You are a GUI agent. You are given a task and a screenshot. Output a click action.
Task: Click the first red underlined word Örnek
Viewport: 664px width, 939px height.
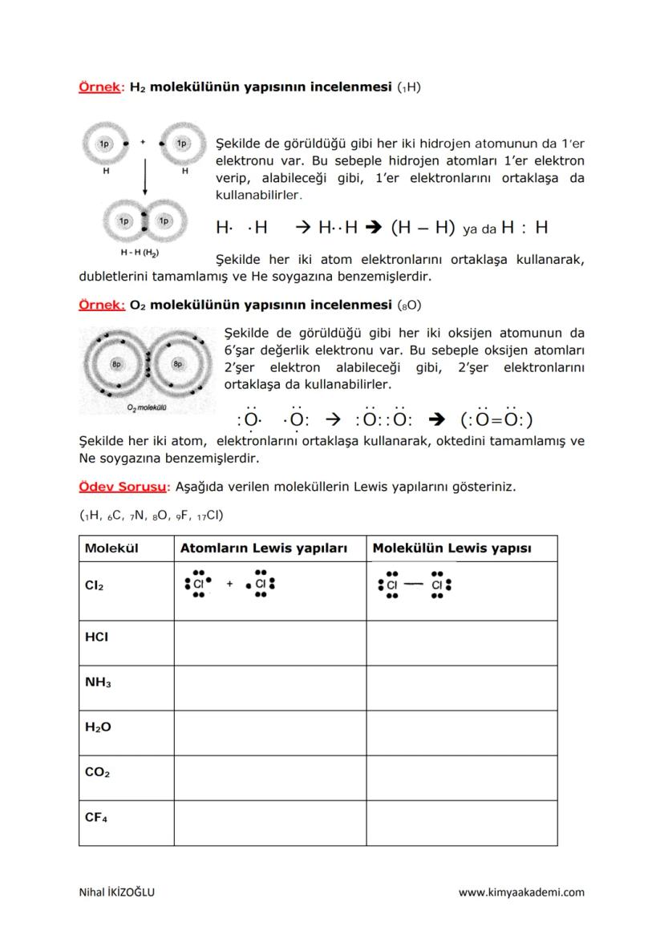98,86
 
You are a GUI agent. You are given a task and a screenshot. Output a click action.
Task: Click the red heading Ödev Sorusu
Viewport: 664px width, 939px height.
119,486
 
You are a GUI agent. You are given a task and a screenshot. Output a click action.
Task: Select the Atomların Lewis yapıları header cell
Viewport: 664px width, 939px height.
263,548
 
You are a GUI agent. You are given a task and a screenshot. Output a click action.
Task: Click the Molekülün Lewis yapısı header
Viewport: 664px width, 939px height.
452,548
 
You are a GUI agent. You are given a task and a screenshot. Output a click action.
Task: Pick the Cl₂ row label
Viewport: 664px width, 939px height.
94,585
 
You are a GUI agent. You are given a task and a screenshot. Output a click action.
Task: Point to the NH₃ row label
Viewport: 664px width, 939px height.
97,682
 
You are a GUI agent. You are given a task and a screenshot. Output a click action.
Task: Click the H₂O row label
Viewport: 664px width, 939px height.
97,727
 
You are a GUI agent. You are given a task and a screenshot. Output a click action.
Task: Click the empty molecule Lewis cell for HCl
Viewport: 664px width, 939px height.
461,644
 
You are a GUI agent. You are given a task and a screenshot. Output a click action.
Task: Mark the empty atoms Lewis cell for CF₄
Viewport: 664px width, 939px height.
269,823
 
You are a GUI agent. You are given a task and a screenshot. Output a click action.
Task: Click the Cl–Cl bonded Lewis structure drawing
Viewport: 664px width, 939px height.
414,585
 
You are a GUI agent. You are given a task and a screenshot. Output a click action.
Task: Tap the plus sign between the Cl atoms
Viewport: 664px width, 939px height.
229,585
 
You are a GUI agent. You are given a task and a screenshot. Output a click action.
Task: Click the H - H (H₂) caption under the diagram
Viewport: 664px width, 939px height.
139,253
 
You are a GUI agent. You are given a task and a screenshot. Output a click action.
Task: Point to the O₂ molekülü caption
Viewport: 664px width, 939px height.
146,408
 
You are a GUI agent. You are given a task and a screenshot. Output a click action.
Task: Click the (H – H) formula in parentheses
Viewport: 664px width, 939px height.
423,228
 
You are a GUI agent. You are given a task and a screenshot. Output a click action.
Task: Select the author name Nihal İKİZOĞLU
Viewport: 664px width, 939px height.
117,892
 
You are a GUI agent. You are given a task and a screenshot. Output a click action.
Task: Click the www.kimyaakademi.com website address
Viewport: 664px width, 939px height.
521,892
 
